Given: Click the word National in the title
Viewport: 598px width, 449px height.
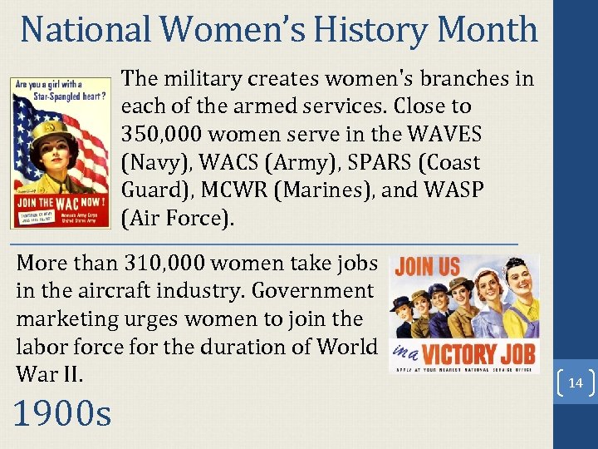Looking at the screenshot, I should (x=86, y=29).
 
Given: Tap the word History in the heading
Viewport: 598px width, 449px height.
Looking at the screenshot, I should (x=370, y=29).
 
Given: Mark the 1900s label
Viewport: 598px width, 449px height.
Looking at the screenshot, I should (x=61, y=412).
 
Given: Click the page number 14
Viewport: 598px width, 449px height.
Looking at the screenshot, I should (x=575, y=383).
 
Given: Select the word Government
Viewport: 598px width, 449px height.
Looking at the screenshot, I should (x=313, y=291).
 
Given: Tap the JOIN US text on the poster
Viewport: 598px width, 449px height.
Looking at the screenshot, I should (x=427, y=267).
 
